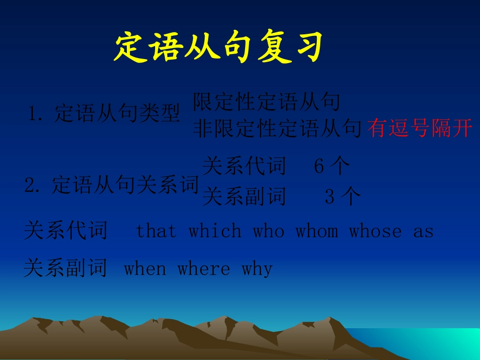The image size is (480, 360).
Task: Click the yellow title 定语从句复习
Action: tap(218, 48)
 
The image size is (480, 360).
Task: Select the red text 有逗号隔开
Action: tap(419, 128)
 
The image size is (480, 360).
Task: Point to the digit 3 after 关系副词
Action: tap(329, 197)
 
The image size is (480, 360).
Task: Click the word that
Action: tap(157, 231)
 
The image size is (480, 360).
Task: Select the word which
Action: tap(215, 231)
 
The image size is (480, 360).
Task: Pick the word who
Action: tap(268, 231)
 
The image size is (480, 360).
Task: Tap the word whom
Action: tap(316, 231)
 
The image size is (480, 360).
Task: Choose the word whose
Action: tap(375, 231)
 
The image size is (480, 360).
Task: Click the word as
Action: tap(423, 231)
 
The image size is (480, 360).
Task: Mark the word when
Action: tap(145, 268)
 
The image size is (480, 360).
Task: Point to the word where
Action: tap(204, 268)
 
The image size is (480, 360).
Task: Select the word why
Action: tap(257, 269)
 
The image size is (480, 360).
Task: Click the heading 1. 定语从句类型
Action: tap(104, 114)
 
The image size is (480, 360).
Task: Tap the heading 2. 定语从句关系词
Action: tap(112, 185)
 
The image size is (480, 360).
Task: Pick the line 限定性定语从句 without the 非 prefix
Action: tap(266, 102)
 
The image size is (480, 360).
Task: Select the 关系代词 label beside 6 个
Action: tap(244, 166)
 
